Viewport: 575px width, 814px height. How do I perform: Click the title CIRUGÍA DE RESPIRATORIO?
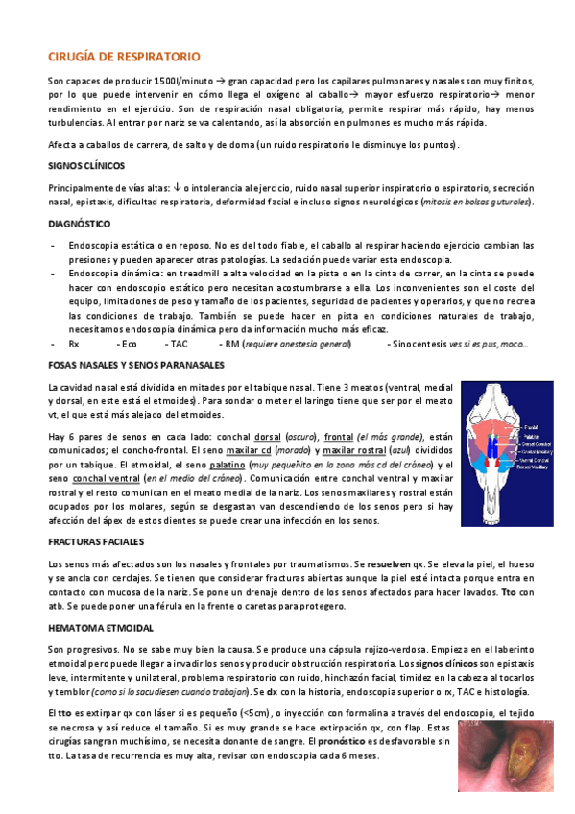(124, 57)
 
